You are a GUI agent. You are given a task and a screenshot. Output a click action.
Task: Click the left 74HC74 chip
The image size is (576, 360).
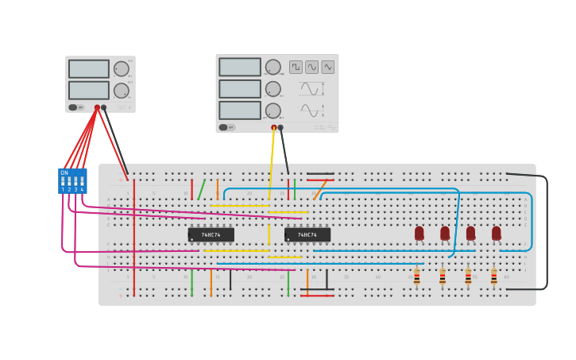[x=211, y=234]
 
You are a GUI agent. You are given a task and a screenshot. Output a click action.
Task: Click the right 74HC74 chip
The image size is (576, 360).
[x=307, y=234]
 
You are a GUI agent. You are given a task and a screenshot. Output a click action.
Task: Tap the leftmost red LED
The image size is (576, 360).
[x=419, y=233]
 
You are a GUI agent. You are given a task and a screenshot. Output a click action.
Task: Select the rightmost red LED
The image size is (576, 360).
[x=497, y=233]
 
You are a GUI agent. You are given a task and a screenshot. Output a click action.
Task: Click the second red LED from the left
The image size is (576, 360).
[x=445, y=233]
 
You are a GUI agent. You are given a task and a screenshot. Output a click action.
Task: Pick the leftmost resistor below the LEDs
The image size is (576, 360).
[x=416, y=277]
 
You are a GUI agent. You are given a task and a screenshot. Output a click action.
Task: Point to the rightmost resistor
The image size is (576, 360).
[x=493, y=277]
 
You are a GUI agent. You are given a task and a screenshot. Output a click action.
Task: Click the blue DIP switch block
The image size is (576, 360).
[x=72, y=181]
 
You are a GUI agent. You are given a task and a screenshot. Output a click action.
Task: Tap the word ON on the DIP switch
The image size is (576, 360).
[x=64, y=172]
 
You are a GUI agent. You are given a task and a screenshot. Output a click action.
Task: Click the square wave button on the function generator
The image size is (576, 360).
[x=296, y=68]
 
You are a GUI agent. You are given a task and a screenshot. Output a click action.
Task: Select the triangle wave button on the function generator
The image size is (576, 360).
[x=327, y=68]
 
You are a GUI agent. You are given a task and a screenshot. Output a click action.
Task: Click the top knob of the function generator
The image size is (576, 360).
[x=273, y=68]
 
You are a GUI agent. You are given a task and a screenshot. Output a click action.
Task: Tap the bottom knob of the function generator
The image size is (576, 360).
[x=273, y=110]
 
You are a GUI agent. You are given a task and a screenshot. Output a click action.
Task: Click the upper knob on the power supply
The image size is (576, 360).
[x=121, y=69]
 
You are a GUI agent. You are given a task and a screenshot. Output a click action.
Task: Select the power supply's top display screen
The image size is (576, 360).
[x=89, y=69]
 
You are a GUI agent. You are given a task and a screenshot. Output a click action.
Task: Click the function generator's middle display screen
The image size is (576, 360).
[x=240, y=89]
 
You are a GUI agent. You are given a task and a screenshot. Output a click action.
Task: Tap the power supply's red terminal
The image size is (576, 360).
[x=97, y=107]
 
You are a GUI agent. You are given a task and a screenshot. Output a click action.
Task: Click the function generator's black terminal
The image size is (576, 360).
[x=280, y=127]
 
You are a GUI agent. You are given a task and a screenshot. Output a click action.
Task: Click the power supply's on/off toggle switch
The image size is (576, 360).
[x=73, y=107]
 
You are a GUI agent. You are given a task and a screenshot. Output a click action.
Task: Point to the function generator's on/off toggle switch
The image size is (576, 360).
[x=224, y=127]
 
